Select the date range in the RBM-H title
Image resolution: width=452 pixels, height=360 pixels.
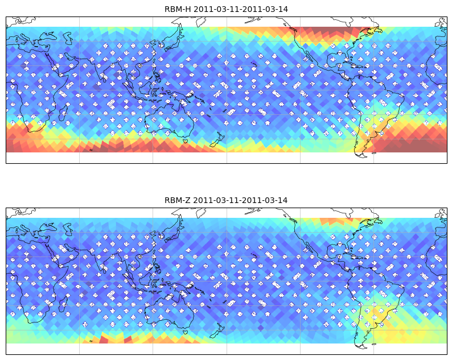(x=241, y=9)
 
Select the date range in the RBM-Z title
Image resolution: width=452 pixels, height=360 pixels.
(x=240, y=200)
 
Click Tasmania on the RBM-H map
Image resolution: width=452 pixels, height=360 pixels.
(x=186, y=141)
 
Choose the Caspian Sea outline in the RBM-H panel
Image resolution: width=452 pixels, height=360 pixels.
(x=68, y=38)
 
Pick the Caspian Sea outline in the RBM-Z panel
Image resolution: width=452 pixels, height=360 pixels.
(x=68, y=229)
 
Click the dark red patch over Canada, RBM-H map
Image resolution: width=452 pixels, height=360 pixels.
(x=331, y=32)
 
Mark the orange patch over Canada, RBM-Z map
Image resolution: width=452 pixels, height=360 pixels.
(x=337, y=221)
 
